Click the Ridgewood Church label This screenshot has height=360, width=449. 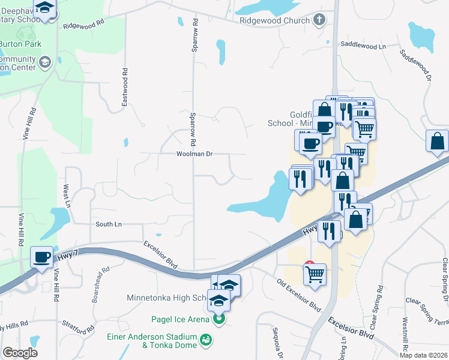point(274,20)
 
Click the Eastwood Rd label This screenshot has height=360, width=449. point(125,88)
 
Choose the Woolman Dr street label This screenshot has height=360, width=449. point(194,154)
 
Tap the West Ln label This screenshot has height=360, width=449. point(66,196)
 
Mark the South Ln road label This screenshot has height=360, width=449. point(109,224)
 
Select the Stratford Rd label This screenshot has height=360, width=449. point(82,329)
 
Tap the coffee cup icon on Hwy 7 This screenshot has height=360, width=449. point(42,257)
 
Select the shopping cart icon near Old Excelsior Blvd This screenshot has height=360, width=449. point(315,274)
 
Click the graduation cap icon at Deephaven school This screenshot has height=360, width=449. point(44,7)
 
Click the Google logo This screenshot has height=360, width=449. point(20,353)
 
